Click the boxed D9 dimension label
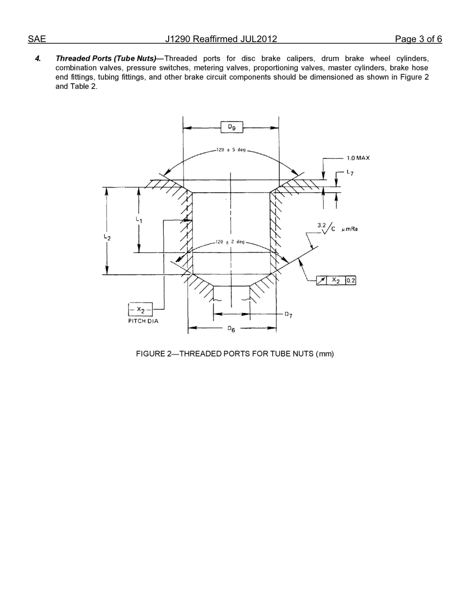coord(232,127)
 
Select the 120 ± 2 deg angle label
coord(230,242)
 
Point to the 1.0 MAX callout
coord(358,158)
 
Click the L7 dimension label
coord(350,172)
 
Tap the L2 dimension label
coord(107,238)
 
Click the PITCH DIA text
coord(143,321)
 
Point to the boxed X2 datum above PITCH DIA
coord(141,310)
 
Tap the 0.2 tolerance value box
coord(350,280)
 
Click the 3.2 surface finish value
coord(321,225)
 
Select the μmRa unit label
coord(350,229)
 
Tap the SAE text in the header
coord(37,39)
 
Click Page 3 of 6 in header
coord(418,39)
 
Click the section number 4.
coord(38,58)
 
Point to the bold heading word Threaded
coord(73,58)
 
